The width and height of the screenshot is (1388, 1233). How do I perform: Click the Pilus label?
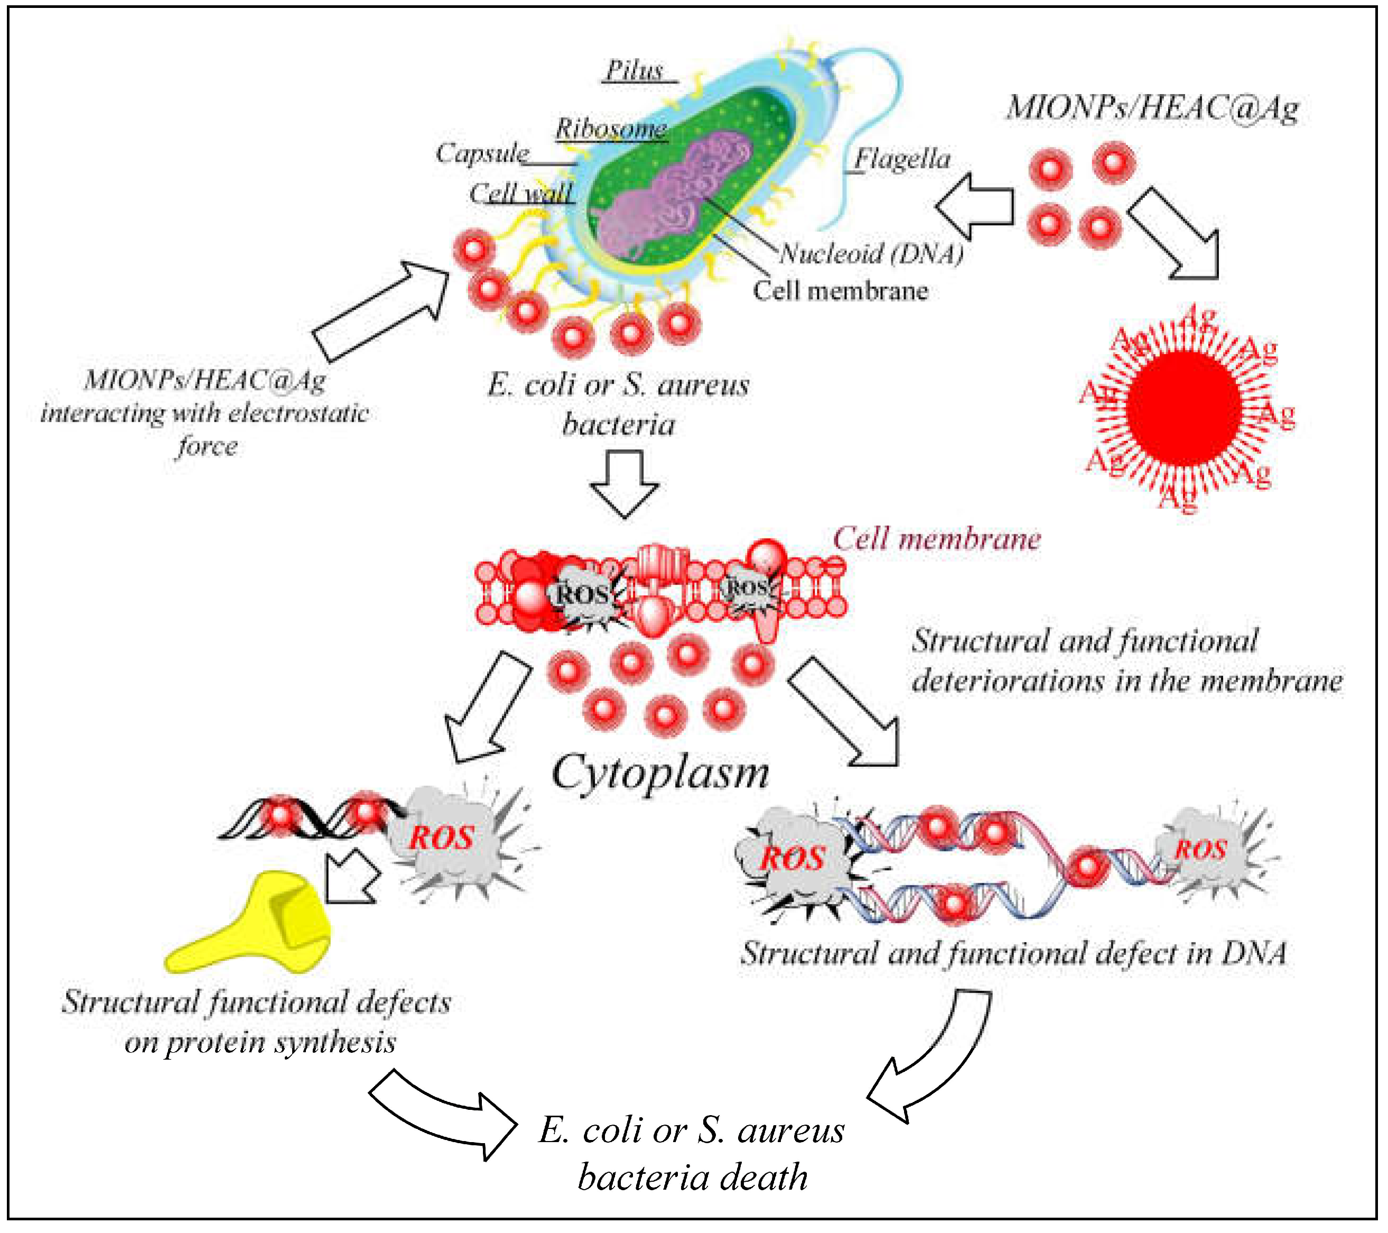(634, 71)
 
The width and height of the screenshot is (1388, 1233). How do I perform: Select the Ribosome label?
(610, 128)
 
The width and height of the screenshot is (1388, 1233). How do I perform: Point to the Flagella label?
(902, 159)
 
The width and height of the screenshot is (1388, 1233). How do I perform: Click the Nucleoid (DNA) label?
(871, 254)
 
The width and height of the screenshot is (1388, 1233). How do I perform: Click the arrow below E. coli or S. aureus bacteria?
(624, 483)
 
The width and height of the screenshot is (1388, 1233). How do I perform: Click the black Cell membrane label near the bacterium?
(840, 291)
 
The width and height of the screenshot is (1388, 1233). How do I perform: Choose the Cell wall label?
(521, 193)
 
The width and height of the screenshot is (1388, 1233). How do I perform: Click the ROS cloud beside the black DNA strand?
(448, 839)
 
